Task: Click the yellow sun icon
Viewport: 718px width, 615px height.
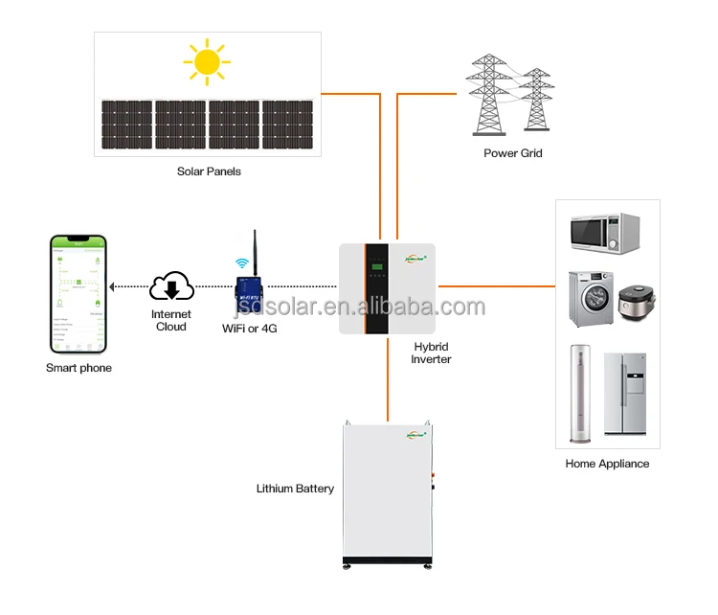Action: tap(207, 62)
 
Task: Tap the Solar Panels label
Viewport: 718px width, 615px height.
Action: tap(209, 171)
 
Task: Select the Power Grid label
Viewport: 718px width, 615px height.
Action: tap(513, 153)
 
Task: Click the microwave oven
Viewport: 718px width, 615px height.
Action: tap(605, 233)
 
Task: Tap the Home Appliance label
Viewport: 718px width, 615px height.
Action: tap(607, 464)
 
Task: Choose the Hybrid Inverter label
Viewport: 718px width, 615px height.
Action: tap(431, 353)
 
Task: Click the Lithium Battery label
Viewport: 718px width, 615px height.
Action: tap(295, 489)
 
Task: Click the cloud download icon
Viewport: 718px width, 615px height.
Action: tap(172, 285)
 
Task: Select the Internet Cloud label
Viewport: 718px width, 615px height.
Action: tap(171, 320)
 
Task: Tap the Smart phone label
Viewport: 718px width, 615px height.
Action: tap(79, 368)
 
